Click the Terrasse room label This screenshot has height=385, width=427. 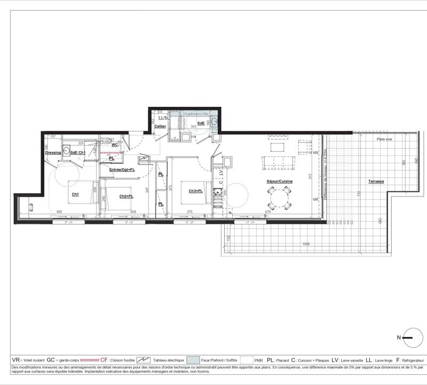click(x=376, y=182)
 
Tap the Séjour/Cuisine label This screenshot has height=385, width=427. click(x=280, y=182)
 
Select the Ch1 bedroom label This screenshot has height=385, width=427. click(x=75, y=194)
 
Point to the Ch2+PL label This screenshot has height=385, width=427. click(x=126, y=196)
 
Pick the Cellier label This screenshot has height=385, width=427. click(x=160, y=126)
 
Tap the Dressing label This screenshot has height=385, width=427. click(x=53, y=153)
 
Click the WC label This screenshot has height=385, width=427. click(x=115, y=144)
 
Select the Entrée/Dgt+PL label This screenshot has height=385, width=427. click(x=121, y=170)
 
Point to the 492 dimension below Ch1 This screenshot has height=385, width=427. click(x=60, y=212)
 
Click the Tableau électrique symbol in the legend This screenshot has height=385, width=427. click(x=144, y=360)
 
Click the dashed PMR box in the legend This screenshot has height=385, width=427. click(x=246, y=360)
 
